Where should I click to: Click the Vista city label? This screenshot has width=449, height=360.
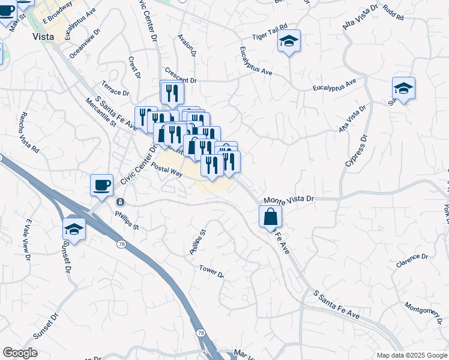coord(43,36)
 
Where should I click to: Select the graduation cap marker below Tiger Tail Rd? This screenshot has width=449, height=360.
coord(289,42)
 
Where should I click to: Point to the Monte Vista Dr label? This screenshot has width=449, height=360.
coord(289,199)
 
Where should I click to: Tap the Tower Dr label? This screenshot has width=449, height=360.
coord(212,271)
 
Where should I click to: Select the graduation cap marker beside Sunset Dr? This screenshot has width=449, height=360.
coord(74,229)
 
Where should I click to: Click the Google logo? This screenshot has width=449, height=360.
coord(20,353)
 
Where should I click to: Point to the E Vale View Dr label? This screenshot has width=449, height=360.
coord(27,241)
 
